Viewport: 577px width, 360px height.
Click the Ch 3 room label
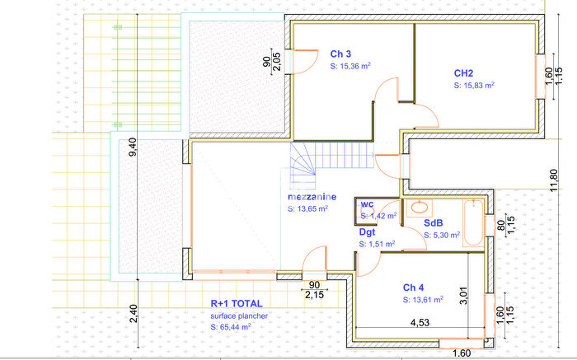pos(340,54)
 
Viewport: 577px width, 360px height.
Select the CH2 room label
pos(463,73)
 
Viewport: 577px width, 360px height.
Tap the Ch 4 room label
pos(413,288)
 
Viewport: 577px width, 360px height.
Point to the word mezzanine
pos(312,197)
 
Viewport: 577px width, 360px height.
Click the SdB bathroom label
pos(433,223)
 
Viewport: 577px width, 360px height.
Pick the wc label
pos(367,204)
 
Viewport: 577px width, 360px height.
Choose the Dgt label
pos(367,232)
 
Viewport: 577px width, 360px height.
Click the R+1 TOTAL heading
pos(237,304)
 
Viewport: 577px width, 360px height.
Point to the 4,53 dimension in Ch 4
pos(420,322)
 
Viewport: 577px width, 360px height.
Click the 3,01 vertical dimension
pos(463,295)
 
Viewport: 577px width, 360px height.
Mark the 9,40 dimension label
pos(133,147)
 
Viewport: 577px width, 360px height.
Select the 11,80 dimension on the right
pos(553,180)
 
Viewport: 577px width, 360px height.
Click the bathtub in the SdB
pos(473,223)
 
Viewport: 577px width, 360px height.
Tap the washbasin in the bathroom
pos(419,208)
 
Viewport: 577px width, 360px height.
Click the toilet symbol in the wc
pos(361,211)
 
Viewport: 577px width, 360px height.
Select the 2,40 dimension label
pos(134,314)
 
